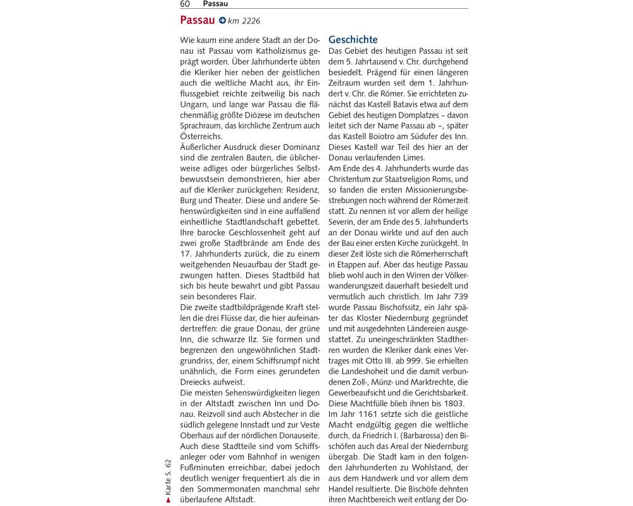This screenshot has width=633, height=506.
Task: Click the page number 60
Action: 185,4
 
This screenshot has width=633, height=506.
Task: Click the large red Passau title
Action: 197,20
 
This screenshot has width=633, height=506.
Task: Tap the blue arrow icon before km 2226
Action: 222,20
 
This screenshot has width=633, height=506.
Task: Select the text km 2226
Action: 244,21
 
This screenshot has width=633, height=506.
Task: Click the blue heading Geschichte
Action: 353,39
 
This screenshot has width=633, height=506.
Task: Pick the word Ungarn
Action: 195,104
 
